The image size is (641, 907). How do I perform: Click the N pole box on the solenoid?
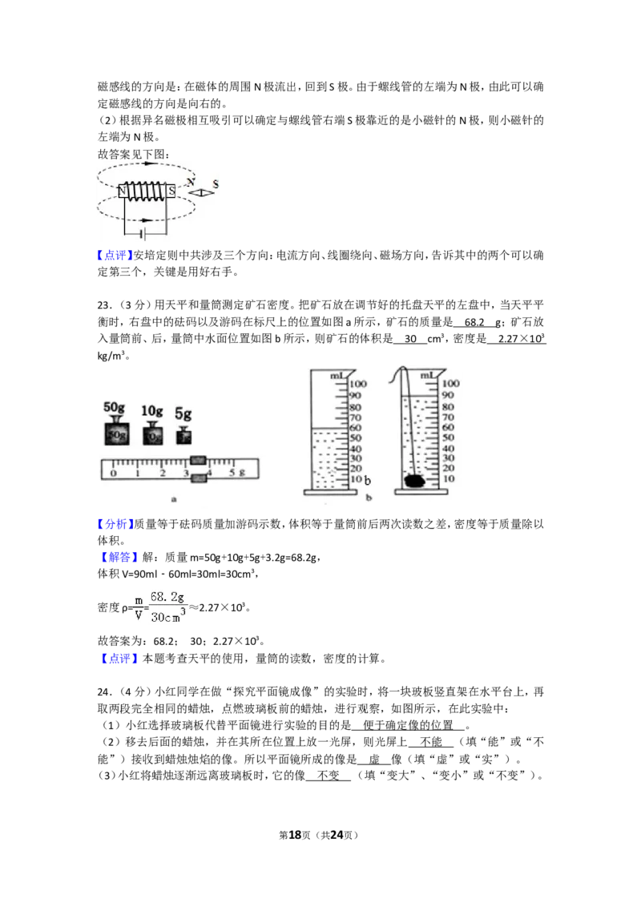(x=122, y=191)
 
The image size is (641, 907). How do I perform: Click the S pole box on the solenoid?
(x=171, y=191)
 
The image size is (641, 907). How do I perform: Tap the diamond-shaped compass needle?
(x=202, y=192)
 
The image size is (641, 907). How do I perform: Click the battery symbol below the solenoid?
(x=143, y=234)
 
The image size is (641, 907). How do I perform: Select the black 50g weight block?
(x=116, y=432)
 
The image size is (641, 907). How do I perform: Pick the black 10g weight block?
(x=152, y=433)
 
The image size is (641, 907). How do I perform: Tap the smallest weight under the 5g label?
(x=184, y=435)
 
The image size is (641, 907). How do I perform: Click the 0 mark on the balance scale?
(x=114, y=474)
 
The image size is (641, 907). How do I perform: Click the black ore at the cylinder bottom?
(x=415, y=481)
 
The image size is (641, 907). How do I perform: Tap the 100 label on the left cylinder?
(x=358, y=384)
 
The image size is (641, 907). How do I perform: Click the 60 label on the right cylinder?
(x=449, y=427)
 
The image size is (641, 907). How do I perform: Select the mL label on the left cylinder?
(x=338, y=376)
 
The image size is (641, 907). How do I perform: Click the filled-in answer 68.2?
(x=474, y=322)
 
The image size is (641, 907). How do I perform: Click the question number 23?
(x=103, y=305)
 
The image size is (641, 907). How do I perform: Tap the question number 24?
(x=103, y=691)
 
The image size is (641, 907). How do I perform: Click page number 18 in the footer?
(x=295, y=835)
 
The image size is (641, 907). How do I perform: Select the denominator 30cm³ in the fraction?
(x=168, y=615)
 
